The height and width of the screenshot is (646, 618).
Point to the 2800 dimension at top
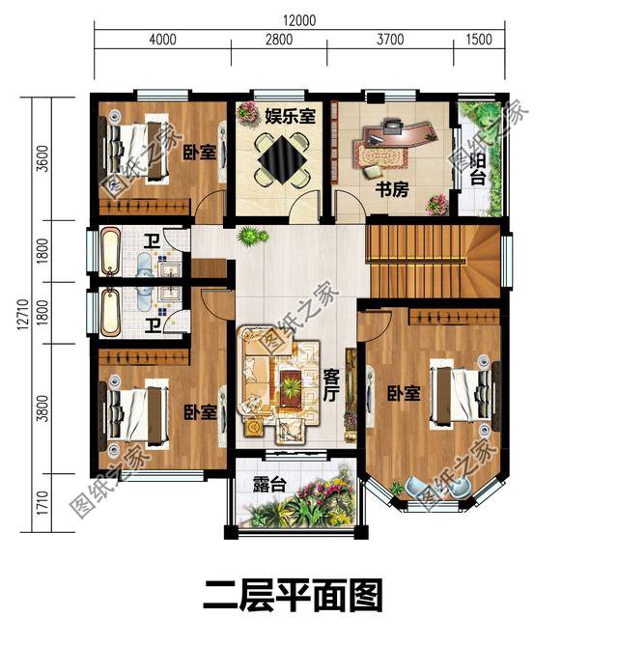(277, 40)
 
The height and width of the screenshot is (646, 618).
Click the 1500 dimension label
(478, 40)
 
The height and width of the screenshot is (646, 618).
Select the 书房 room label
(392, 189)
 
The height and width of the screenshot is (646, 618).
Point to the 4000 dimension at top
(162, 40)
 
